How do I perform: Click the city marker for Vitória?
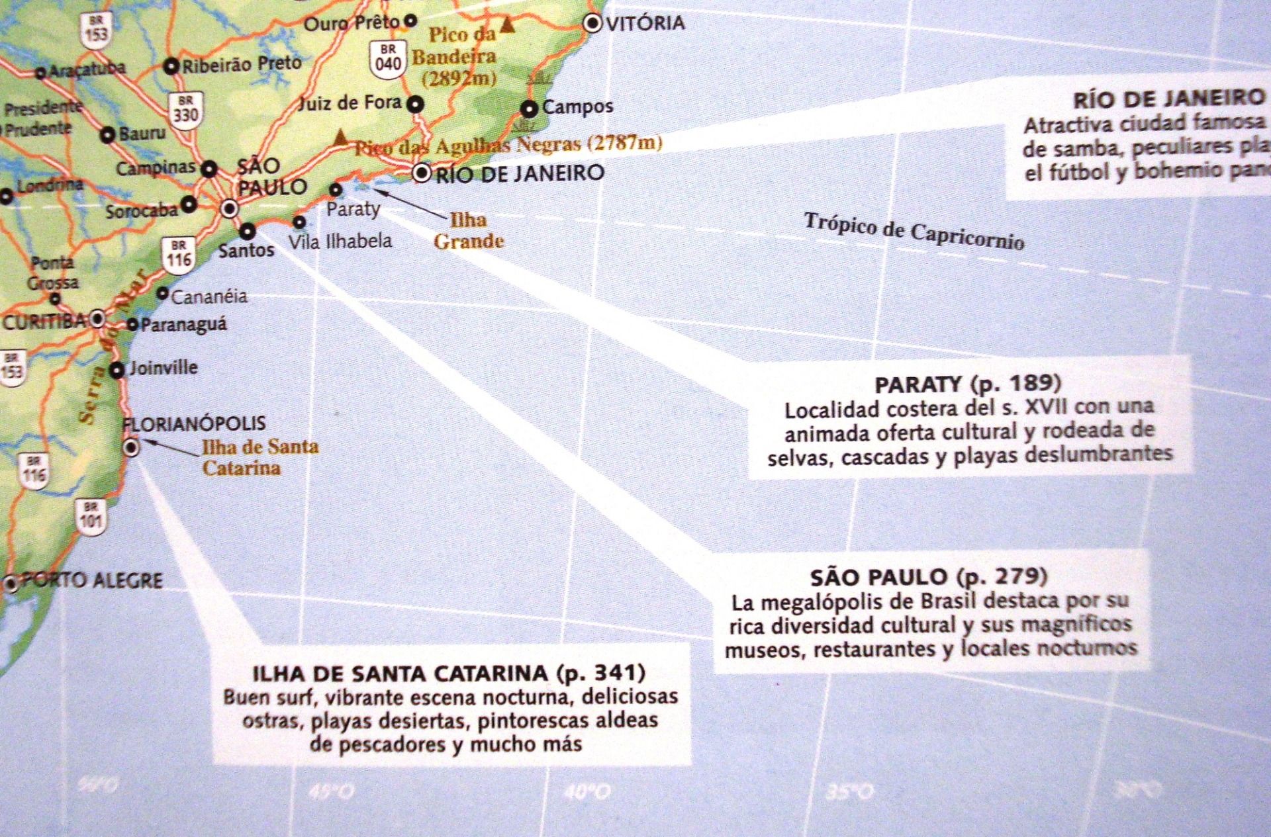tap(592, 24)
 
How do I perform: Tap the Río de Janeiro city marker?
tap(422, 174)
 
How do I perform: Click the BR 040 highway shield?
tap(388, 58)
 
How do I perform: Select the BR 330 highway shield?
tap(185, 109)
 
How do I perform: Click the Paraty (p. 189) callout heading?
tap(968, 384)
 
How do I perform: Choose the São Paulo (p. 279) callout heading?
tap(929, 577)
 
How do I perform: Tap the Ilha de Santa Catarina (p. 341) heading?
tap(449, 673)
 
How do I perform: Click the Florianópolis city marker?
tap(132, 448)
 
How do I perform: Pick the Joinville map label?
tap(163, 367)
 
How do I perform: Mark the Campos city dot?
tap(530, 108)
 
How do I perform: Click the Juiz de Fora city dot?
tap(415, 104)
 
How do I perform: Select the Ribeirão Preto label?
tap(242, 64)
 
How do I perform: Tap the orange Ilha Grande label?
tap(469, 230)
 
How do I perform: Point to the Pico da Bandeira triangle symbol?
tap(508, 26)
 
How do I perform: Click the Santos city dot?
tap(248, 231)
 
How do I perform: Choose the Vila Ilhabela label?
tap(340, 241)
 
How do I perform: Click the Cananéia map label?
tap(209, 296)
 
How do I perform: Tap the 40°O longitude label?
tap(588, 791)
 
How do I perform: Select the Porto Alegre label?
tap(93, 581)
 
